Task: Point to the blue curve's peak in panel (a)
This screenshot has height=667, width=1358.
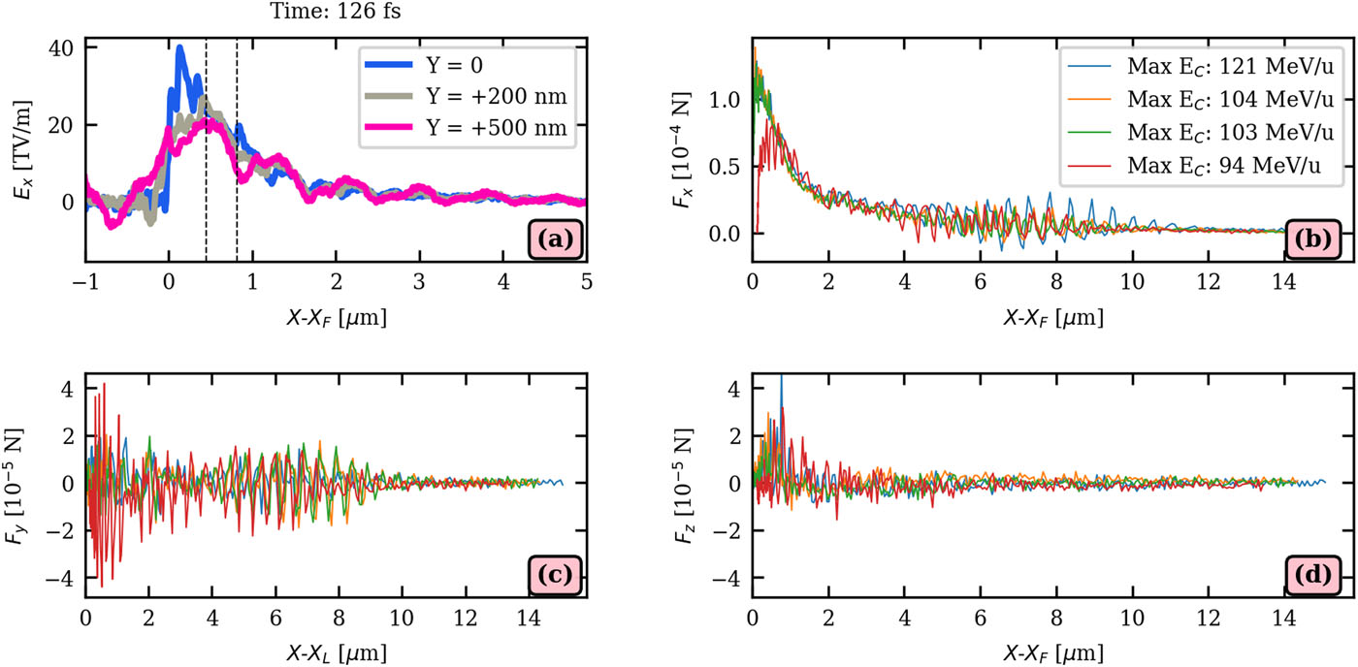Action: [x=179, y=47]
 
